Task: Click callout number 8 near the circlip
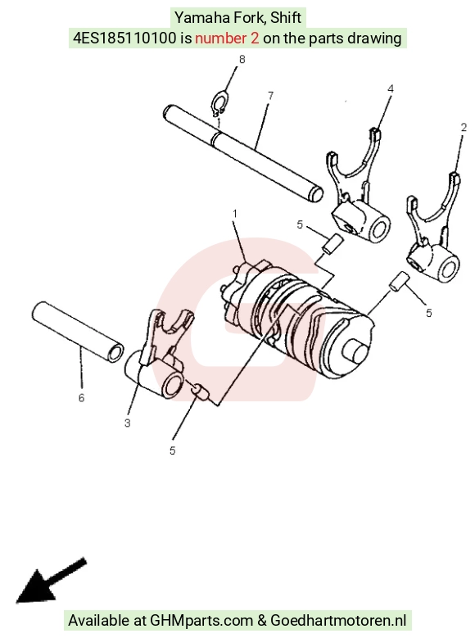click(242, 60)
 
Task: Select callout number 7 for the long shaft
click(271, 96)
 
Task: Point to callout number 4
click(391, 88)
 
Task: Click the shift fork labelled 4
click(358, 191)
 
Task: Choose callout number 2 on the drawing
click(464, 128)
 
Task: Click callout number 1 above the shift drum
click(235, 214)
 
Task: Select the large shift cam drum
click(299, 318)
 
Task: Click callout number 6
click(81, 397)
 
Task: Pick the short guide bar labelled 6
click(78, 332)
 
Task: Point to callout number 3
click(128, 423)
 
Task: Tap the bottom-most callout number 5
click(172, 450)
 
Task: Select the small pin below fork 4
click(332, 244)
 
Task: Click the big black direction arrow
click(50, 581)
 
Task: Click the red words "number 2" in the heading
click(227, 38)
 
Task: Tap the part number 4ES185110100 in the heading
click(124, 38)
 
